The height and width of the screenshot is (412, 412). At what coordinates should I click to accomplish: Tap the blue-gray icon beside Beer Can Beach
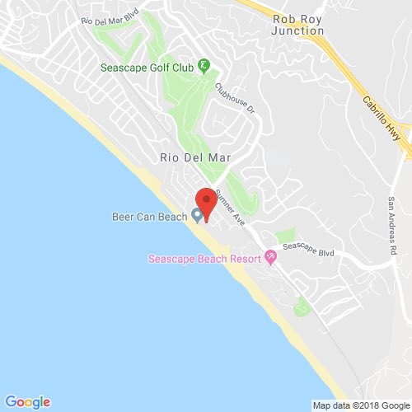pos(197,216)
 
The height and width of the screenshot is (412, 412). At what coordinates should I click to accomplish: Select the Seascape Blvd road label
pos(307,248)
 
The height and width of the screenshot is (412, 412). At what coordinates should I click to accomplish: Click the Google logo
pos(27,401)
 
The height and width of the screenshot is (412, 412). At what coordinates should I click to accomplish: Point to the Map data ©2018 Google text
pos(360,405)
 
